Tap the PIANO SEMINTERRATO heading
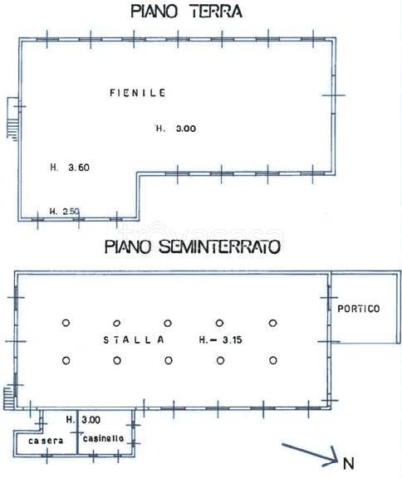pos(191,246)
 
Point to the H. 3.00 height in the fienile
pos(176,128)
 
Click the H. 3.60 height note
pos(69,168)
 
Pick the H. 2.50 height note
pos(64,211)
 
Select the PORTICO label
pos(359,310)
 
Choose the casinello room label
pos(103,437)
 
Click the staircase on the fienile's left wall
pos(11,117)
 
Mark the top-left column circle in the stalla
pos(66,323)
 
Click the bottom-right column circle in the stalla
pos(272,359)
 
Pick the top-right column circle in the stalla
pos(272,323)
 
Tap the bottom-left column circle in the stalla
pos(66,359)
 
